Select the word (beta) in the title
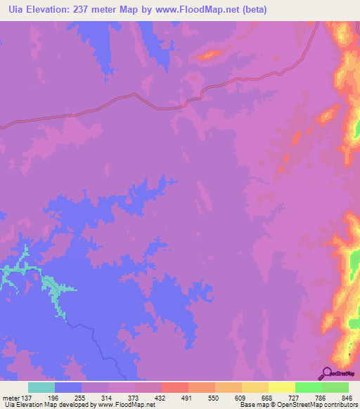[x=252, y=10]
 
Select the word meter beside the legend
[x=11, y=398]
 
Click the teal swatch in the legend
[x=41, y=387]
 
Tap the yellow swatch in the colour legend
[x=282, y=387]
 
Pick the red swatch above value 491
[x=175, y=387]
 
